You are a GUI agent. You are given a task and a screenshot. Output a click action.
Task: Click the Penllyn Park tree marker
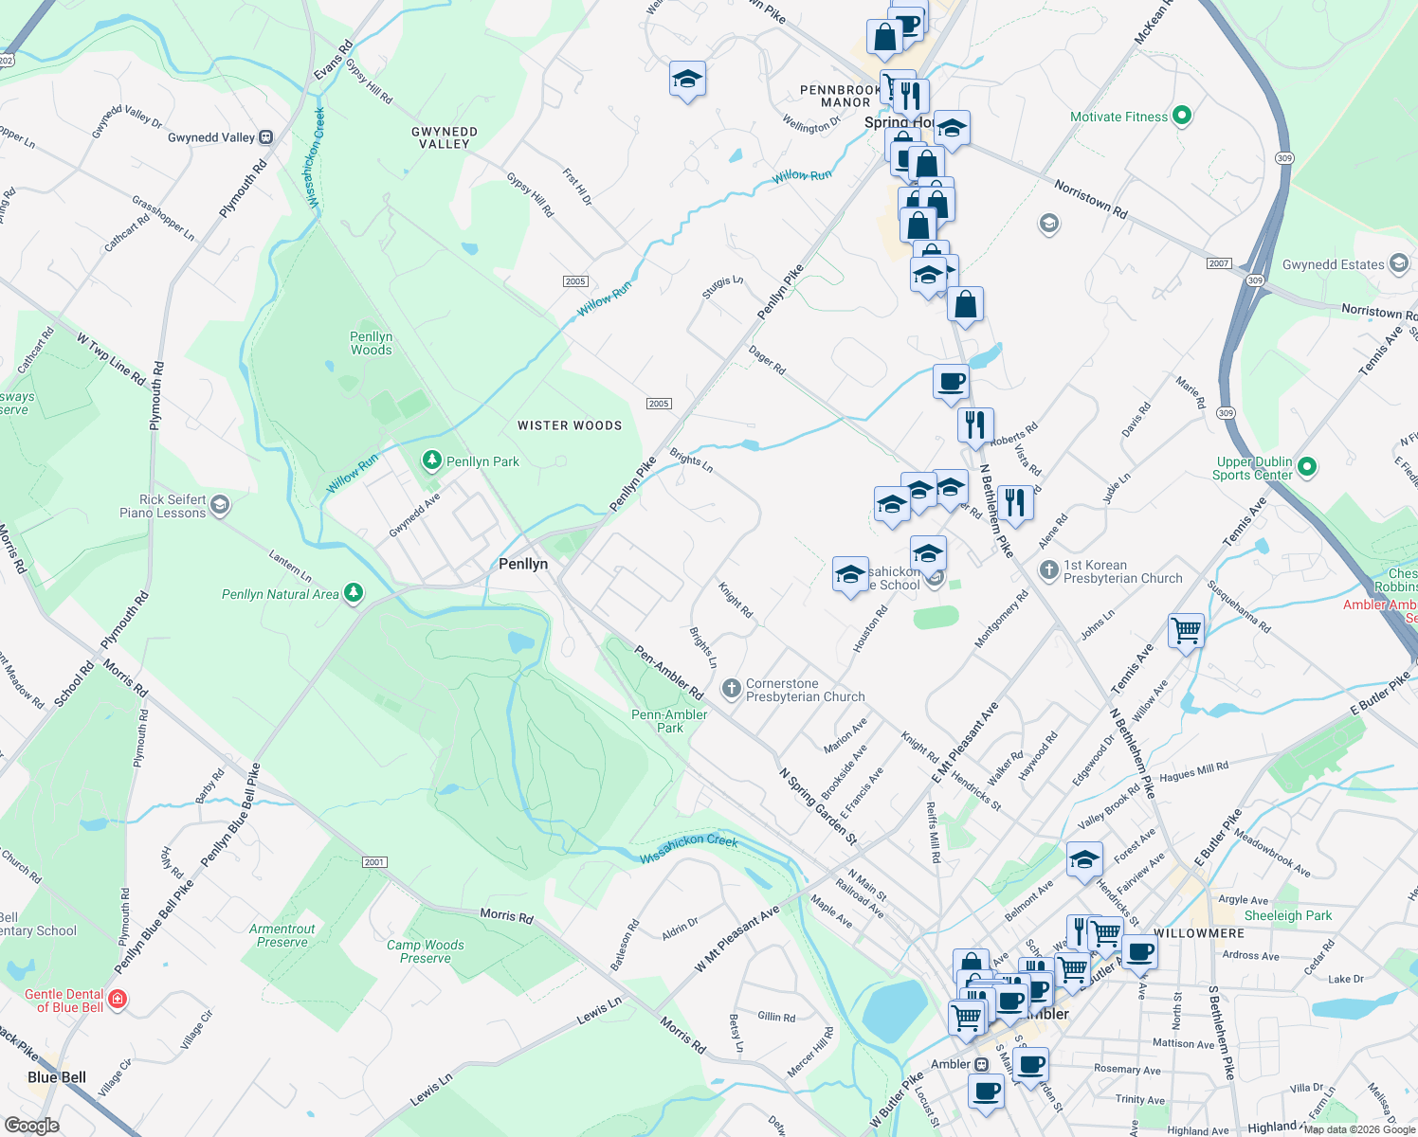click(432, 460)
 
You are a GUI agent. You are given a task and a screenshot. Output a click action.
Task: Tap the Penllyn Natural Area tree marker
click(354, 593)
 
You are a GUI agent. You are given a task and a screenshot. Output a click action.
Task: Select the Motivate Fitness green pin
click(1181, 117)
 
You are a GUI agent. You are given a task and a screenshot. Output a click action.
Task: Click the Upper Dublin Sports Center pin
click(1307, 466)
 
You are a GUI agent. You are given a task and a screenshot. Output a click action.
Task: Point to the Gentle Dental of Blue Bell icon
click(118, 999)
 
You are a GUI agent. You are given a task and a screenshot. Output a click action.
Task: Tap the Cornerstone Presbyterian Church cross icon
click(731, 689)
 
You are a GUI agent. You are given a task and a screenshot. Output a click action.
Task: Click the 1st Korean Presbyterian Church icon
click(1048, 570)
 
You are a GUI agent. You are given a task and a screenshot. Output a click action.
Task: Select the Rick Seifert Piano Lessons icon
click(220, 505)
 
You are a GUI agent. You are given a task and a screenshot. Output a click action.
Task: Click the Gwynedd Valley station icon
click(266, 137)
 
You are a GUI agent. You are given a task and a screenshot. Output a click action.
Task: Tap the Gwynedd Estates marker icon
click(1398, 264)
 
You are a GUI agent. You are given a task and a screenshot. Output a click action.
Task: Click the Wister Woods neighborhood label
click(570, 425)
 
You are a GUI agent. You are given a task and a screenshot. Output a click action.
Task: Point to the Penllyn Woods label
click(371, 343)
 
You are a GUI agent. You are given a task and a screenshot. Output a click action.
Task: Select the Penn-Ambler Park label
click(669, 721)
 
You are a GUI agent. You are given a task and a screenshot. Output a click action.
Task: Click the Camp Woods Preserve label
click(425, 951)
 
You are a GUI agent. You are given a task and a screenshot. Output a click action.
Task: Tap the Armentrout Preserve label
click(282, 935)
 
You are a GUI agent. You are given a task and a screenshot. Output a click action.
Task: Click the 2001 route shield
click(374, 862)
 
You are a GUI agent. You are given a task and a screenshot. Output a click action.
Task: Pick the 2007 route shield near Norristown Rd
click(1219, 263)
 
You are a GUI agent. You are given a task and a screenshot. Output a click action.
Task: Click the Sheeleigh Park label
click(1287, 915)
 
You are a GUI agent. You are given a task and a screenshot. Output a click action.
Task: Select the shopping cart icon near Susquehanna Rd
click(1187, 629)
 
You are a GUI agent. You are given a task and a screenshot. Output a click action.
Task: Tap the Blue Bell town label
click(57, 1077)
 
